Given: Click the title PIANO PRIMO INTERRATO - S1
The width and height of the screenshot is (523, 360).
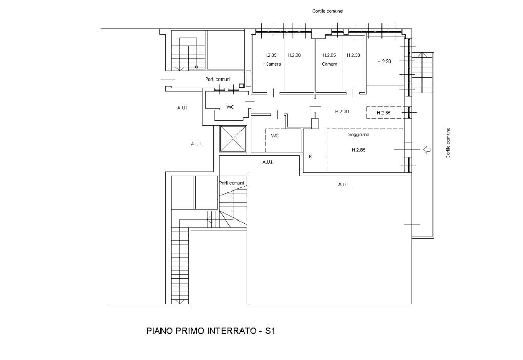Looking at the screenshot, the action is pyautogui.click(x=211, y=331).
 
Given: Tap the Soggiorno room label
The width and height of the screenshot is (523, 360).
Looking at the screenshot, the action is pyautogui.click(x=358, y=135).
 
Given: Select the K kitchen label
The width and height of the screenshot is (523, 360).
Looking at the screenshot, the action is pyautogui.click(x=311, y=156).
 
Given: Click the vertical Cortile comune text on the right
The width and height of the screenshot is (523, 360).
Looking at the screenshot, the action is pyautogui.click(x=448, y=143).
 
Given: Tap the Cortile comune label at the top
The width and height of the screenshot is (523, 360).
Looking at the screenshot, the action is pyautogui.click(x=327, y=11).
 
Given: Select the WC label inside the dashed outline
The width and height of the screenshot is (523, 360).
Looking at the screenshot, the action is pyautogui.click(x=275, y=136).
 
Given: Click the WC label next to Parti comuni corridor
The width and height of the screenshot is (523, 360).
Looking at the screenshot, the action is pyautogui.click(x=230, y=107).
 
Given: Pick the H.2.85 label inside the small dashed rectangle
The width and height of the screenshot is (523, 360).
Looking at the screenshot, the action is pyautogui.click(x=384, y=113).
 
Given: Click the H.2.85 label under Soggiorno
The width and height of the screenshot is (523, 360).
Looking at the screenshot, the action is pyautogui.click(x=358, y=150).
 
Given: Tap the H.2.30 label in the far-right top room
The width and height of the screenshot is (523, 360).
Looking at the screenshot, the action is pyautogui.click(x=384, y=61).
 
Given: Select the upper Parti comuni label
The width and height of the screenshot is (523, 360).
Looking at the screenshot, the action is pyautogui.click(x=217, y=79).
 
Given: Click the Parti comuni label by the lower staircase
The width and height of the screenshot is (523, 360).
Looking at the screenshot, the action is pyautogui.click(x=231, y=183).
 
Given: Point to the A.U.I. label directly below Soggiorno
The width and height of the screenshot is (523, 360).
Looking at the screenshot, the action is pyautogui.click(x=344, y=185).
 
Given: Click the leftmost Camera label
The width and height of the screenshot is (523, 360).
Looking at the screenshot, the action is pyautogui.click(x=273, y=64).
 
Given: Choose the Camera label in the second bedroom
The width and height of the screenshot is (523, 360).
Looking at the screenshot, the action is pyautogui.click(x=330, y=64).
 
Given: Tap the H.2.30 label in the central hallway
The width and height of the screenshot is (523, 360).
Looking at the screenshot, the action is pyautogui.click(x=342, y=111).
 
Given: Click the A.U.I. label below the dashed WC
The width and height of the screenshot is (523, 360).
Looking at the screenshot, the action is pyautogui.click(x=268, y=162).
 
